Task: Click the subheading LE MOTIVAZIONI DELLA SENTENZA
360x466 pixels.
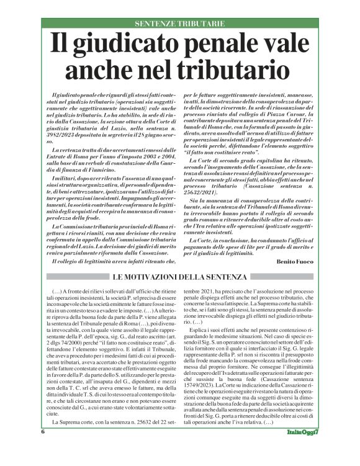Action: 180,277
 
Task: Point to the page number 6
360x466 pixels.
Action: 43,448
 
